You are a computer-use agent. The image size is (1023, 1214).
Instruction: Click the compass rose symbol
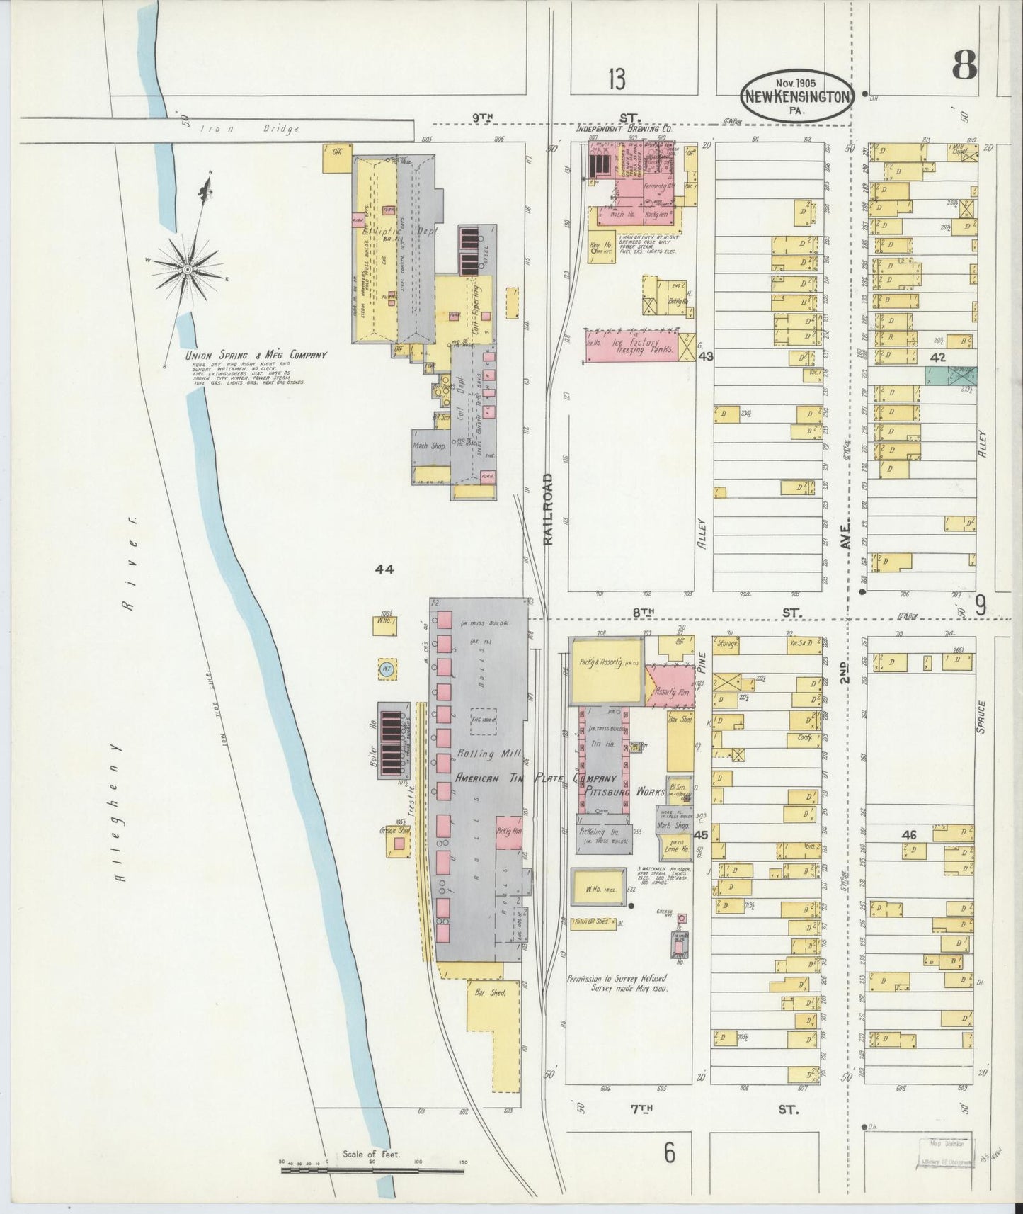[x=188, y=268]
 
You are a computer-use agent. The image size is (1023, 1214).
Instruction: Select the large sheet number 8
[x=964, y=65]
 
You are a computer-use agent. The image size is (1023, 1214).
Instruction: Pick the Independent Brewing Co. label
[x=623, y=130]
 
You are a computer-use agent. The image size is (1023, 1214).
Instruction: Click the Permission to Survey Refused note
[x=616, y=983]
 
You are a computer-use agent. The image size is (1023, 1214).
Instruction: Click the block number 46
[x=909, y=835]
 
